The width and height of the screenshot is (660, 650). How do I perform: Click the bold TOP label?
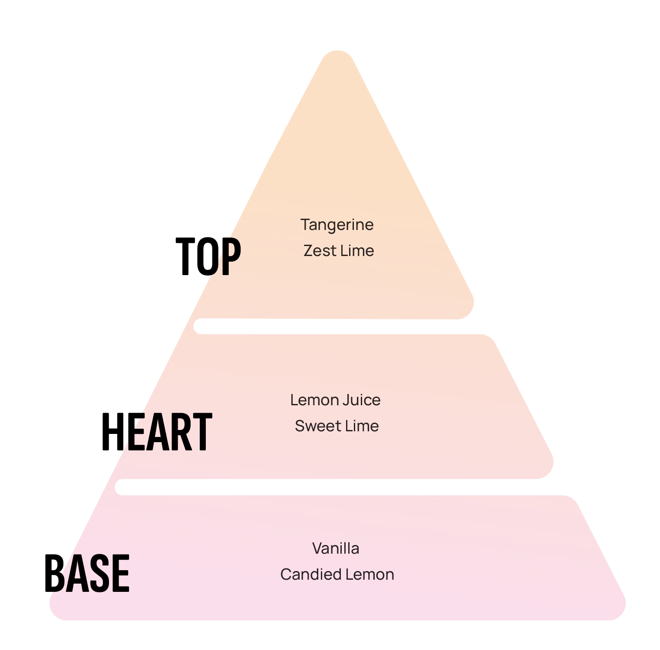coord(208,256)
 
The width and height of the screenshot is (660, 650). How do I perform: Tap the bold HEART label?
coord(157,432)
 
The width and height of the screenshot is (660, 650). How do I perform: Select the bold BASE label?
coord(87,573)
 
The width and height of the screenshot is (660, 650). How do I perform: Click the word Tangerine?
coord(337,225)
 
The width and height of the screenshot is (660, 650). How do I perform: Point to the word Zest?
coord(320,251)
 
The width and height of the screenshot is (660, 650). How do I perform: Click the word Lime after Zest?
coord(357,251)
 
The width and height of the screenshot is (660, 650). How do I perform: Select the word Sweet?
coord(317,426)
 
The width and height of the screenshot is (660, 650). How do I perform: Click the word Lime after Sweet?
coord(362,426)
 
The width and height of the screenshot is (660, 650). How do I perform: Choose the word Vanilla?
coord(336,548)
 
